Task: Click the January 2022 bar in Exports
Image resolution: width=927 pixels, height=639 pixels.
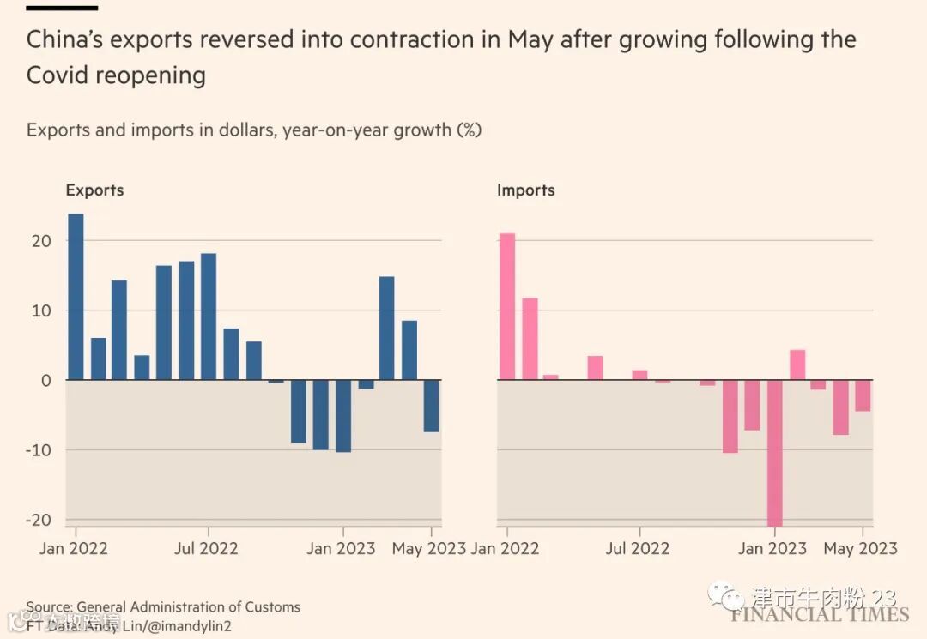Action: pos(76,296)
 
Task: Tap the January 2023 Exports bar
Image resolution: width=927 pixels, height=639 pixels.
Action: pos(342,415)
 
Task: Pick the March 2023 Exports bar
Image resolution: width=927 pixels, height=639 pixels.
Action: pos(386,328)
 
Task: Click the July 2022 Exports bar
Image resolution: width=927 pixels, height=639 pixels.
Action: pos(208,316)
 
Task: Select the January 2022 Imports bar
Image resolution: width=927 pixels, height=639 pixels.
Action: pos(507,306)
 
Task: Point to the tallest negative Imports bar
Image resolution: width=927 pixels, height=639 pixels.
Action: pos(775,452)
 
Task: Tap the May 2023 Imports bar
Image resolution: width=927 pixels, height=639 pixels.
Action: pos(863,395)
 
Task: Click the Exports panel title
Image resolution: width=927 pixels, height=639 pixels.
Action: pos(94,190)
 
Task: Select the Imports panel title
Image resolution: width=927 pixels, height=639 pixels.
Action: pos(525,190)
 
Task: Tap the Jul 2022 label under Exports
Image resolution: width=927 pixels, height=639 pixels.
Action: pos(206,548)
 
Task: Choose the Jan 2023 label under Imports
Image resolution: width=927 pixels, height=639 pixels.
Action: pos(772,548)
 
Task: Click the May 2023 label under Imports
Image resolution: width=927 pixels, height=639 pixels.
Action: pos(860,548)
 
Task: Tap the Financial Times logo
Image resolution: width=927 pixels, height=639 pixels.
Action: pos(820,614)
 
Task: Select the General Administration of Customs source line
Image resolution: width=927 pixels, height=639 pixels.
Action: pos(163,607)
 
